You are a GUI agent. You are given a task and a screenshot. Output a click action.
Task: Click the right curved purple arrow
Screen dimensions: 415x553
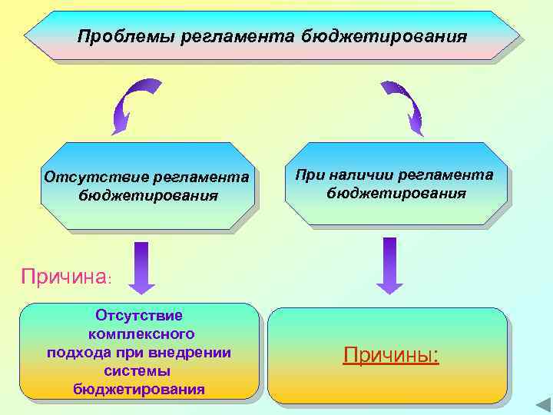coord(404,106)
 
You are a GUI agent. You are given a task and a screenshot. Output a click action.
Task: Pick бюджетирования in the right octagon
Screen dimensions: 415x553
coord(396,193)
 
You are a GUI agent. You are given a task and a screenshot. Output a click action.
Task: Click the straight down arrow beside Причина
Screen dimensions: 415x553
coord(141,267)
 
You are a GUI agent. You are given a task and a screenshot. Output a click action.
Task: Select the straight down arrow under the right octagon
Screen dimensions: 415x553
coord(390,265)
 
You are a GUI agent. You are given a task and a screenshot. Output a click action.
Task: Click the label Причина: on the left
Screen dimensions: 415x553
coord(68,277)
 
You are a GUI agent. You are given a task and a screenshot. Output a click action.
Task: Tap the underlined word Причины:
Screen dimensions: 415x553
coord(391,355)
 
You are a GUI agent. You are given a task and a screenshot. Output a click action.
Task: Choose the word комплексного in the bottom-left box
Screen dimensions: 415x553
coord(141,334)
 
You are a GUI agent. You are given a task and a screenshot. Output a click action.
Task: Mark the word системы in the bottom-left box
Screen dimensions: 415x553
coord(139,370)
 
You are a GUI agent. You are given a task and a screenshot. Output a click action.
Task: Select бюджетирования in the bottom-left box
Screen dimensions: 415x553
coord(139,389)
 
